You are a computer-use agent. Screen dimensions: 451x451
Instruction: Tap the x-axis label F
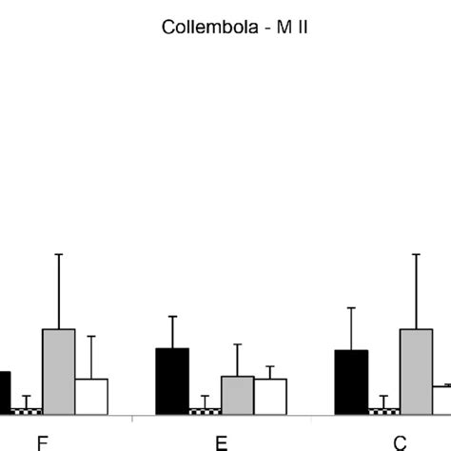click(42, 441)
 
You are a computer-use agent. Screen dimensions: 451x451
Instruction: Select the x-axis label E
click(222, 441)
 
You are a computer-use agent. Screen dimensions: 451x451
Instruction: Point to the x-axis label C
click(401, 441)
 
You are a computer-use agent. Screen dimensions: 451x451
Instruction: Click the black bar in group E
click(172, 381)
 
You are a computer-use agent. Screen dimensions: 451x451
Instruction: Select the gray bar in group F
click(58, 371)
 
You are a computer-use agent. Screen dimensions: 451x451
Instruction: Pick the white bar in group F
click(91, 396)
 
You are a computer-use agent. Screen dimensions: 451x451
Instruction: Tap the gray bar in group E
click(237, 395)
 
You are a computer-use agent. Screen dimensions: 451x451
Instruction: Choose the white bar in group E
click(270, 396)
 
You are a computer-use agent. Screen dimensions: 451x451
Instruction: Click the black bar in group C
click(351, 382)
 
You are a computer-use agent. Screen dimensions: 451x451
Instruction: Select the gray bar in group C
click(416, 371)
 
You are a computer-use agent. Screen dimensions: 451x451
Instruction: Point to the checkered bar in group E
click(205, 411)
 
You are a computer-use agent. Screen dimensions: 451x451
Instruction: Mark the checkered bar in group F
click(26, 411)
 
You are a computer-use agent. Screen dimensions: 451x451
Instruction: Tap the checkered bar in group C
click(383, 411)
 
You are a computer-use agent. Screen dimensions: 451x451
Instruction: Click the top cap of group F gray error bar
click(58, 254)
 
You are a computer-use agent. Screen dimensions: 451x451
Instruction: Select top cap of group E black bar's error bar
click(172, 316)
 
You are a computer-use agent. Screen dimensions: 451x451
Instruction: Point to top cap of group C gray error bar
click(416, 254)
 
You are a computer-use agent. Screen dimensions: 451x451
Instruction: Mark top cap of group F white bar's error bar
click(91, 336)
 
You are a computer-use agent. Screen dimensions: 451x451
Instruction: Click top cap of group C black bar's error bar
click(351, 307)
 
